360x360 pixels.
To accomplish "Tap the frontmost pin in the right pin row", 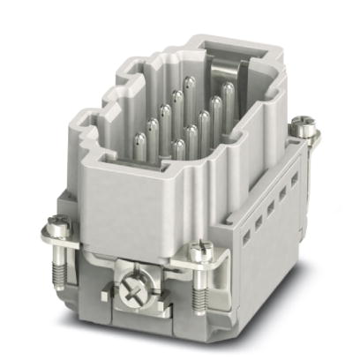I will [180, 148].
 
